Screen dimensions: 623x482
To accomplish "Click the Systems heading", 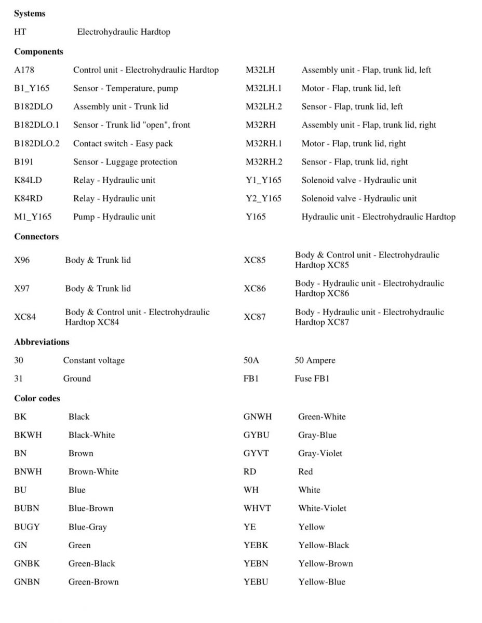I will click(x=30, y=13).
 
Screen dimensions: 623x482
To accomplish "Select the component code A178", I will click(x=24, y=70).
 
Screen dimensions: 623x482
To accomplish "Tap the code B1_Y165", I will click(x=32, y=88).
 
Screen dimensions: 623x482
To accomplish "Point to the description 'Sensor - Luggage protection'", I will click(x=125, y=162).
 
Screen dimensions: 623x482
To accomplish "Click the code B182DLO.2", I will click(x=36, y=143).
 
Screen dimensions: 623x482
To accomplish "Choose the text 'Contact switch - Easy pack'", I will click(x=123, y=143).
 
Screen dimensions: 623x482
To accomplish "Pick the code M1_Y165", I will click(x=33, y=216).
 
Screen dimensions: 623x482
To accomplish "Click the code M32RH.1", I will click(x=264, y=143).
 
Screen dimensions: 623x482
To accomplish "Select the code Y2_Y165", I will click(x=263, y=198).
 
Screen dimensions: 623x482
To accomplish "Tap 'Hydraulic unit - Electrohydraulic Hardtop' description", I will click(x=379, y=216).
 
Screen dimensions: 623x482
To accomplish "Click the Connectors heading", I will click(x=36, y=236).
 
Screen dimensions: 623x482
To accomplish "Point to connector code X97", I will click(x=22, y=288).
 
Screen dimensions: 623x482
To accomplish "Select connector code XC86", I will click(x=255, y=288).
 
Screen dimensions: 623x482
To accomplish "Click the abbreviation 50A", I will click(x=252, y=360).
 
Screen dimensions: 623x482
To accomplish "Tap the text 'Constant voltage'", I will click(x=94, y=360).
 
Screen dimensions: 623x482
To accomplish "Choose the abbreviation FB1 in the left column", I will click(x=251, y=378).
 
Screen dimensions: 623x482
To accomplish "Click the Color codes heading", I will click(x=37, y=398).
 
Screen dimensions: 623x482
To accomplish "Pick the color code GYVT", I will click(x=256, y=453).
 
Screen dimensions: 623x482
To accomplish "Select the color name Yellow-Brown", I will click(x=326, y=563).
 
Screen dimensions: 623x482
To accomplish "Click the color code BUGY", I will click(x=27, y=526).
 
